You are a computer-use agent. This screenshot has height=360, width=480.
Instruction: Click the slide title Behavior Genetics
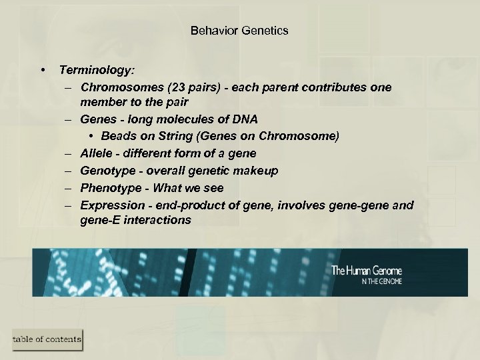pyautogui.click(x=239, y=31)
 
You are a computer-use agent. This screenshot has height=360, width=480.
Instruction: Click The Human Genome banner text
pyautogui.click(x=367, y=271)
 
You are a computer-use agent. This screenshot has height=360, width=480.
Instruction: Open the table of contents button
pyautogui.click(x=47, y=339)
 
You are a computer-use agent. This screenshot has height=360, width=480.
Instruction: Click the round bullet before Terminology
pyautogui.click(x=43, y=70)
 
